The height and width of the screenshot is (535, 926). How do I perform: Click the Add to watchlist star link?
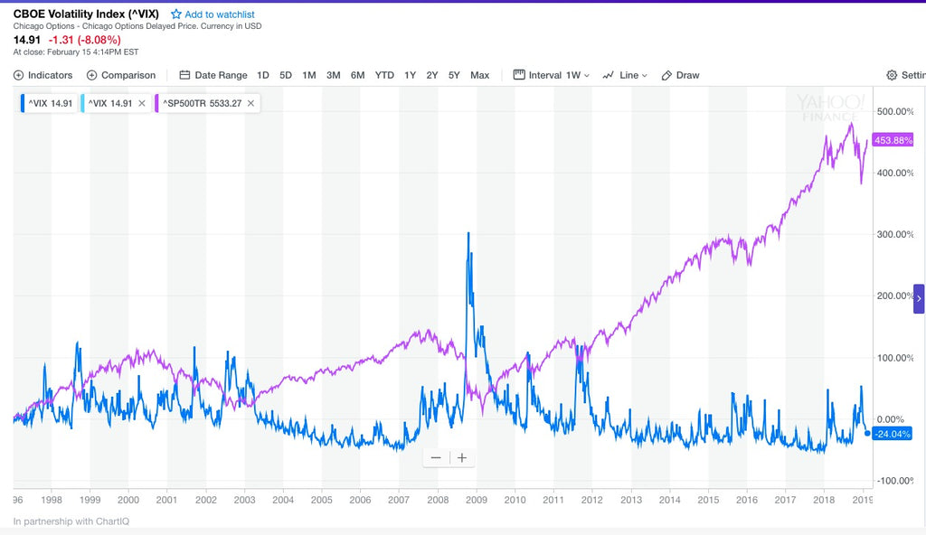coord(213,14)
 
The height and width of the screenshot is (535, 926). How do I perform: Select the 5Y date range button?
coord(454,75)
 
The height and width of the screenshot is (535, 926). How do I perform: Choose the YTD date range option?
coord(384,75)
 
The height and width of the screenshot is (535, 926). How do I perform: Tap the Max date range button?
coord(480,75)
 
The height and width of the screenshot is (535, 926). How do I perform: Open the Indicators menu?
coord(43,75)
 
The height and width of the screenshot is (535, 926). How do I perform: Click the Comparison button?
coord(121,75)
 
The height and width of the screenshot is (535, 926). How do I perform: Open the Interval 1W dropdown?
coord(552,75)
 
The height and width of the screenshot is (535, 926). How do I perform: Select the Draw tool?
coord(681,75)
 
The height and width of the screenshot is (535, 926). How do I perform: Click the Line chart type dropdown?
coord(625,75)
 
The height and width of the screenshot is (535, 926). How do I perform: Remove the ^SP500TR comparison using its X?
coord(250,104)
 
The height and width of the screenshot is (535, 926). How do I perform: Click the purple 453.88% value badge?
coord(893,140)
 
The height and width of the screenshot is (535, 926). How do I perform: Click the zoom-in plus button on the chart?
coord(462,458)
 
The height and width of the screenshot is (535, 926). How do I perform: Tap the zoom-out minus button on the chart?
coord(436,458)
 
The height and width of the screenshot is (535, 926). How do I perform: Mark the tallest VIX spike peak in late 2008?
coord(468,233)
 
